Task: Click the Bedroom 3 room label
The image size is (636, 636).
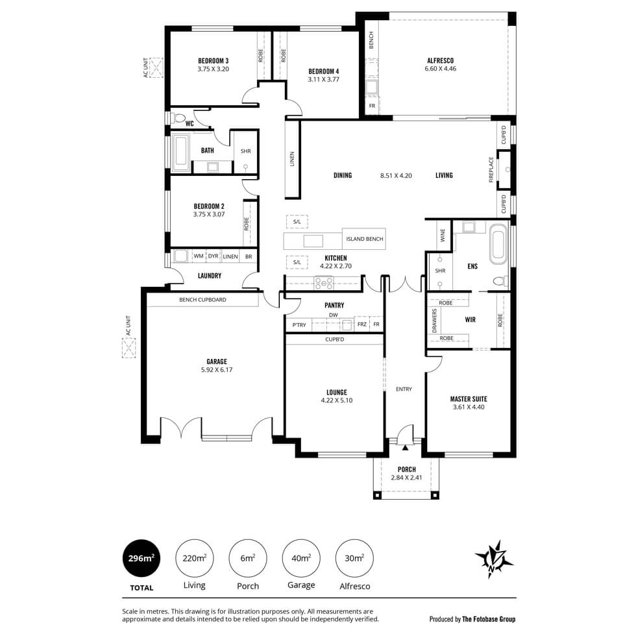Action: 214,61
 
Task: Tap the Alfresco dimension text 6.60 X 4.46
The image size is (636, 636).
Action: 441,69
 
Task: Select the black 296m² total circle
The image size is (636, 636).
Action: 141,558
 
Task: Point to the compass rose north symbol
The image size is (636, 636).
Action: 494,559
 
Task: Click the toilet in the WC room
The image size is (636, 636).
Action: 178,118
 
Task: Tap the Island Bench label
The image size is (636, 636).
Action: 364,239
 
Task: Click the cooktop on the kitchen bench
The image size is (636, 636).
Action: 324,282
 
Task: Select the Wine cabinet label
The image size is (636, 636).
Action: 443,235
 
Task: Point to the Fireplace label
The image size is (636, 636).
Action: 491,169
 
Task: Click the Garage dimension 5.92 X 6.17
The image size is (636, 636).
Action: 217,369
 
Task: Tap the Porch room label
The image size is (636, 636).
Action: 406,469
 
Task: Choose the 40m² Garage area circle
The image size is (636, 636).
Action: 301,558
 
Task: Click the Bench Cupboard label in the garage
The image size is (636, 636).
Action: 202,300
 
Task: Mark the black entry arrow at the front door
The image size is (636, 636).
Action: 405,447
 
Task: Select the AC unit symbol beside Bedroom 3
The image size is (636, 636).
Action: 156,67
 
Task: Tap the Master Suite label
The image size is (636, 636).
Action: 469,399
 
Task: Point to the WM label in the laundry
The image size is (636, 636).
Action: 199,256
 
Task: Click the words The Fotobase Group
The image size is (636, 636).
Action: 489,619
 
